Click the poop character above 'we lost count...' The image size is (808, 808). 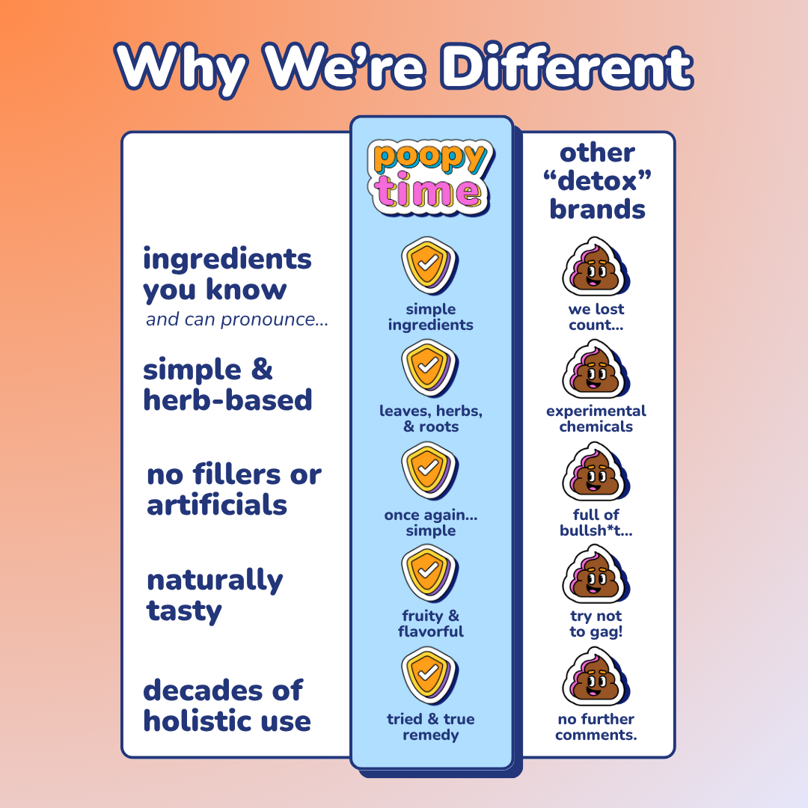595,268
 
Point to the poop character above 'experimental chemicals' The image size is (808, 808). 595,370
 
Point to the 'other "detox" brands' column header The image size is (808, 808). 597,181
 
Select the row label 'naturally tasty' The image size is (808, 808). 215,596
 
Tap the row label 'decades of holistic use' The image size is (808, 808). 227,706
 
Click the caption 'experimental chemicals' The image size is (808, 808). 596,419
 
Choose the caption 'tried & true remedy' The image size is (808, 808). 431,727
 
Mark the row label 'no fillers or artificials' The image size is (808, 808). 233,490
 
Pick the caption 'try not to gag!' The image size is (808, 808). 596,624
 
